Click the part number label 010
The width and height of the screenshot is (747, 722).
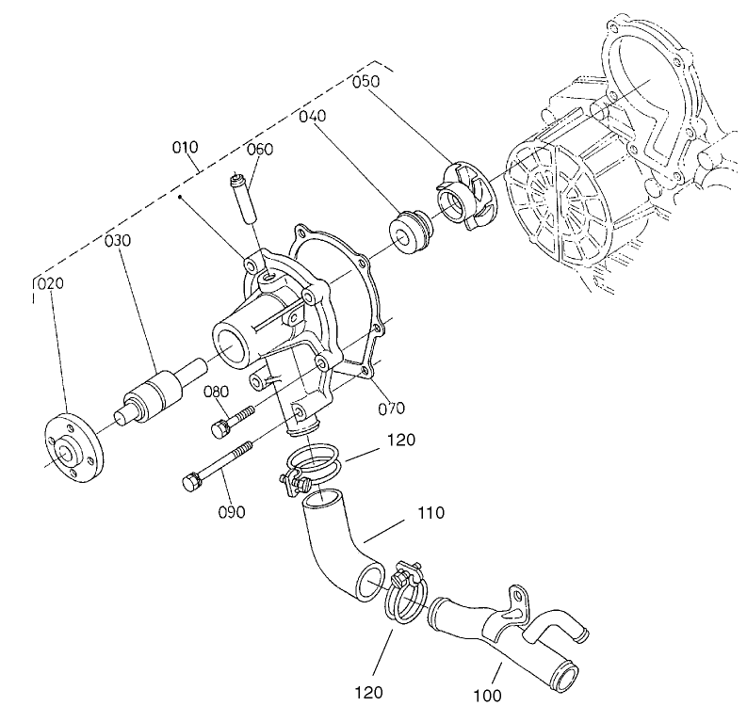[185, 148]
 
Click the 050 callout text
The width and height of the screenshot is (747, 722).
[366, 82]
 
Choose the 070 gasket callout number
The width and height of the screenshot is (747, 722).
[391, 408]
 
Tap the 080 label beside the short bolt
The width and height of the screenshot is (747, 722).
[217, 392]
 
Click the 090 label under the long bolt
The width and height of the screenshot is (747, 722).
[232, 512]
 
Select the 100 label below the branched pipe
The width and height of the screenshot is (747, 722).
[487, 696]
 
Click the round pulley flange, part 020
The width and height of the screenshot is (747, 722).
[73, 450]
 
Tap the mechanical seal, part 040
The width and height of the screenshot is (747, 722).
[411, 233]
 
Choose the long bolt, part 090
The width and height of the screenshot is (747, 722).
[217, 465]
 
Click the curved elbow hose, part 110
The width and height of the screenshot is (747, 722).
[339, 551]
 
